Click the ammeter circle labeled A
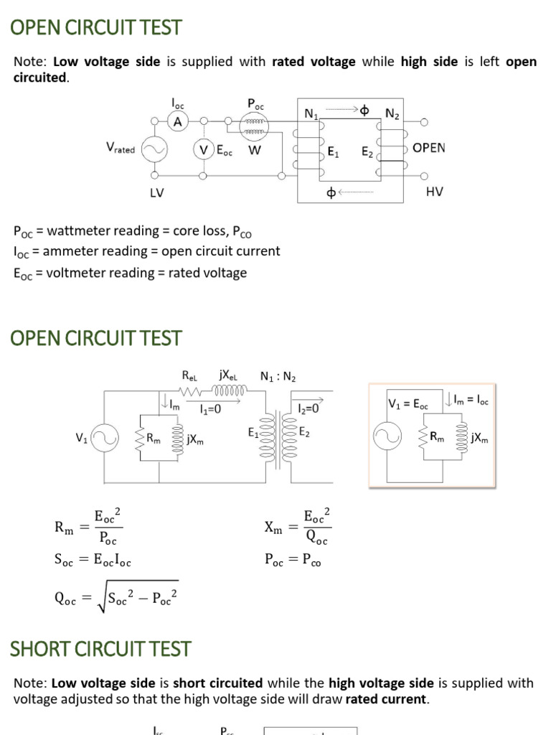tap(178, 122)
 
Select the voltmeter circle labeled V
tap(204, 150)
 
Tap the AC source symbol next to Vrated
tap(154, 150)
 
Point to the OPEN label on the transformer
tap(428, 148)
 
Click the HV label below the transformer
tap(434, 192)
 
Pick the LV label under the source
tap(157, 192)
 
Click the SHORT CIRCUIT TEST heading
tap(100, 649)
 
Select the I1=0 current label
tap(210, 408)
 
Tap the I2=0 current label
tap(309, 408)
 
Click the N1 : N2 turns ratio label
tap(278, 376)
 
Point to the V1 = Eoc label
tap(408, 404)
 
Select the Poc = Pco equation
tap(293, 562)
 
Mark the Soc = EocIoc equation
tap(93, 562)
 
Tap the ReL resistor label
tap(189, 375)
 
